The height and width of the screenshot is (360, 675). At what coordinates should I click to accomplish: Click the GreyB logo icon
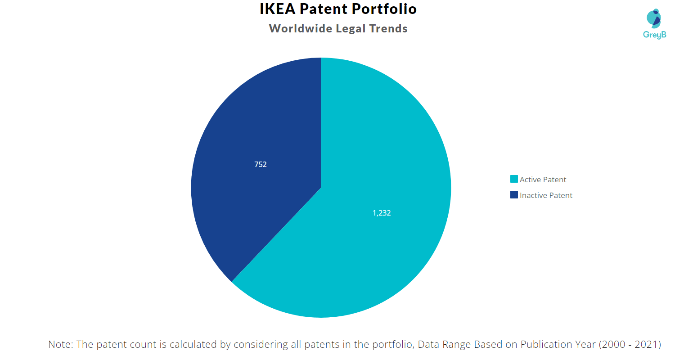coord(653,18)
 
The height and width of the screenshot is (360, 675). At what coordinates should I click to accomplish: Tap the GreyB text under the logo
coord(654,35)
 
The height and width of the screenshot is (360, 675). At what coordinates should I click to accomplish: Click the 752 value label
coord(261,165)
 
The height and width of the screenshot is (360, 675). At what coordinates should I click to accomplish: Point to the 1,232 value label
coord(382,213)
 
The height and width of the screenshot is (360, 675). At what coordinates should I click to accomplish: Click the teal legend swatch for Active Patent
coord(514,179)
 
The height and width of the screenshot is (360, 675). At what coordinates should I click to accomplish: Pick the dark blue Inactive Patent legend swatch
coord(514,195)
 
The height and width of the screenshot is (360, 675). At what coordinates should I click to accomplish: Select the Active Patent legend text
coord(543,180)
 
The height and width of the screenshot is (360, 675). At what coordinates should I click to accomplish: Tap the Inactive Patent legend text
coord(546,195)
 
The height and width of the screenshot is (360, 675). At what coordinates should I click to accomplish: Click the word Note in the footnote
coord(60,345)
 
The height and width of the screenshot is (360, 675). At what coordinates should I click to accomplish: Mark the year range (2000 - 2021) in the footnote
coord(629,345)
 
